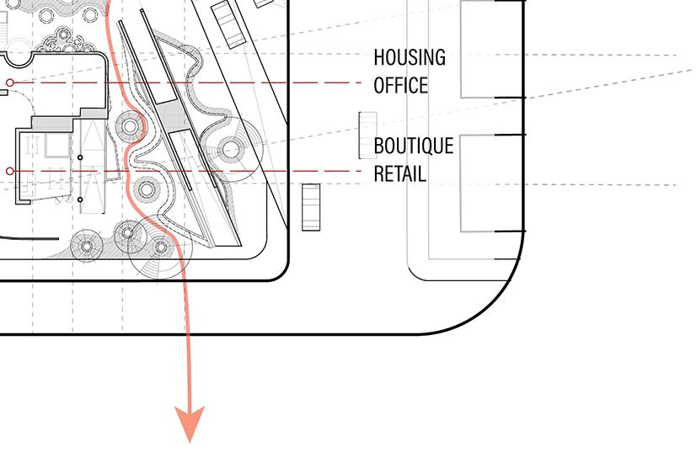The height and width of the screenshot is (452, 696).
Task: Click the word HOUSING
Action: click(x=410, y=58)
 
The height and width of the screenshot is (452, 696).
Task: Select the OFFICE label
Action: click(x=401, y=85)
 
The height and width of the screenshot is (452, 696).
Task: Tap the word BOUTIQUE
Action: click(x=414, y=146)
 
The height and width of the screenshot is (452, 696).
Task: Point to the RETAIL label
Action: click(x=399, y=174)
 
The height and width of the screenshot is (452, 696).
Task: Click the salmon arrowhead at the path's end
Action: click(x=190, y=423)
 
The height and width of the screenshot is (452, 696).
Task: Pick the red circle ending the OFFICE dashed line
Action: click(x=10, y=82)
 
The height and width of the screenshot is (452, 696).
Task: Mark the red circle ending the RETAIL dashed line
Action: click(x=10, y=171)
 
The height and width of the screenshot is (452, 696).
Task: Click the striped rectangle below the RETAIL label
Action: click(x=312, y=206)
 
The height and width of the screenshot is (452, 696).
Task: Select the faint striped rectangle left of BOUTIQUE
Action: click(x=366, y=134)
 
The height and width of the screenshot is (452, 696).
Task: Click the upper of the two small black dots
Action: click(x=80, y=157)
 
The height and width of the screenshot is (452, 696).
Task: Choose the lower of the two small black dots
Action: click(x=80, y=199)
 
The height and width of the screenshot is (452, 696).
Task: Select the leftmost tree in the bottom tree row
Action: click(x=86, y=245)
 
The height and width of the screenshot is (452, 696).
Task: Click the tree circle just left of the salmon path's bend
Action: click(x=131, y=128)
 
